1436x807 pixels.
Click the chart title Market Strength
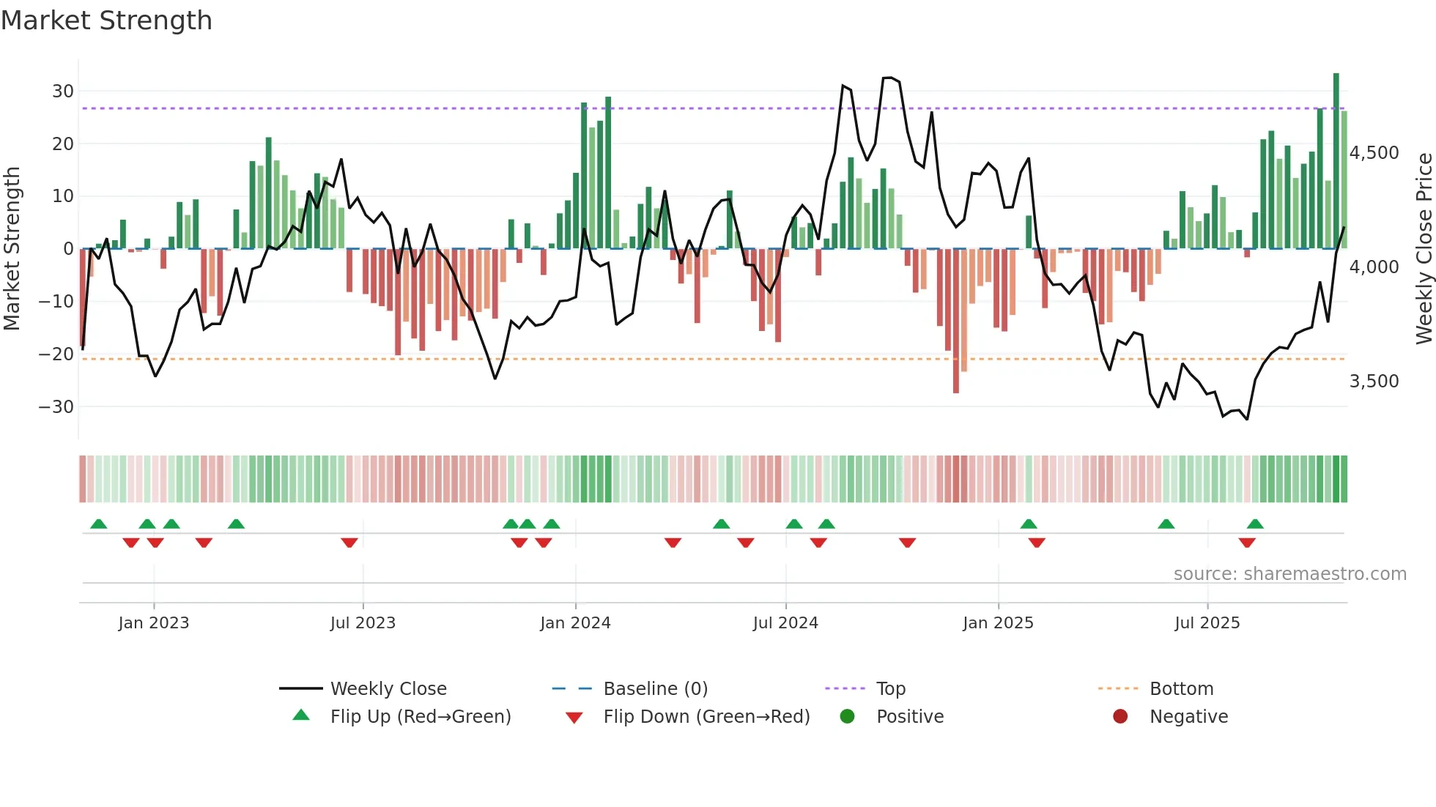[106, 21]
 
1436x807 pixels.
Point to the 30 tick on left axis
[63, 92]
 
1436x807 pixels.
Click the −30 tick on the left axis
[57, 406]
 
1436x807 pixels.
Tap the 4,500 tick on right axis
[1374, 153]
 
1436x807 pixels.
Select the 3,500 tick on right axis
[1374, 382]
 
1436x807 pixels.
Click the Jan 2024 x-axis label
[575, 623]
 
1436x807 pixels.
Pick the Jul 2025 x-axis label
[1207, 623]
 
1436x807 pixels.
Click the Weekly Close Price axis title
[1424, 249]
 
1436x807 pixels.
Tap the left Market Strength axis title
[12, 249]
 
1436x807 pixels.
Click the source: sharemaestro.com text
[1289, 574]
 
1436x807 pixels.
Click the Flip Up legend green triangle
[301, 715]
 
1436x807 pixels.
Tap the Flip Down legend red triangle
[574, 718]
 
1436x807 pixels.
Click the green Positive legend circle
[847, 717]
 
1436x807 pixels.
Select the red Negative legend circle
[1120, 717]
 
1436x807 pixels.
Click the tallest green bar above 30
[1336, 161]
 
